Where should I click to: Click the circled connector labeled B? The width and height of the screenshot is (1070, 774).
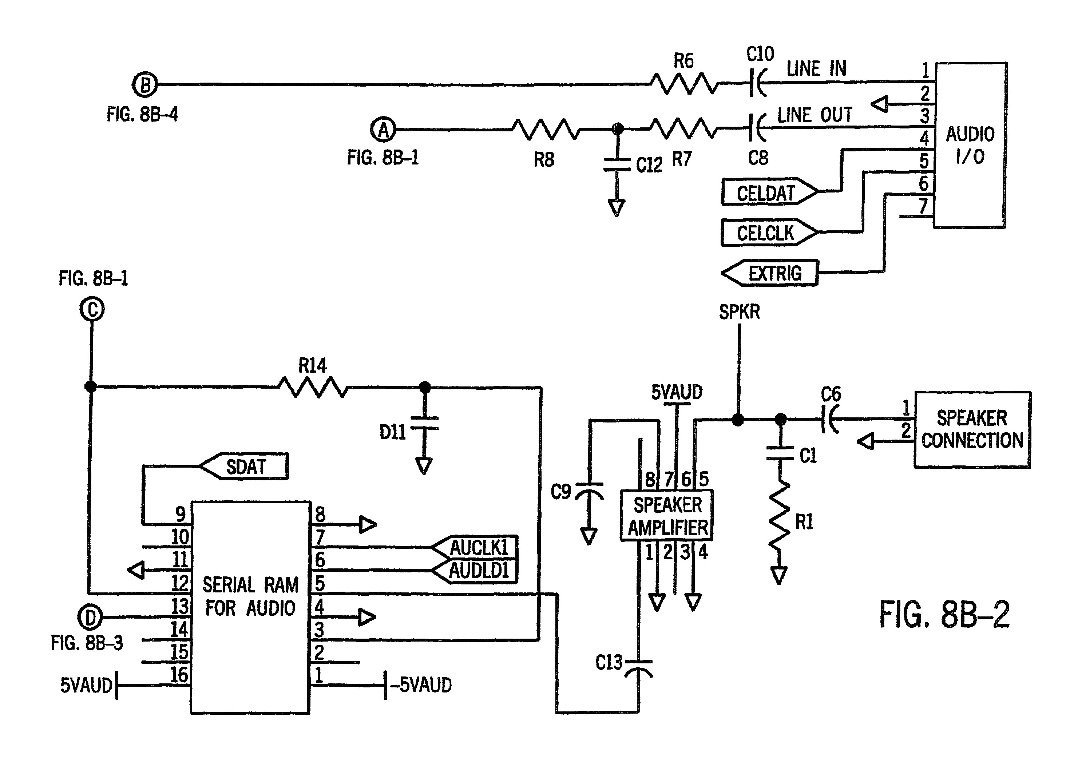pyautogui.click(x=144, y=85)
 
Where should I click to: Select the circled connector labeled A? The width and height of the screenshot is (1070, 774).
pyautogui.click(x=383, y=130)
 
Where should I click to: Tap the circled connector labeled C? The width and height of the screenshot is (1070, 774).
pyautogui.click(x=92, y=309)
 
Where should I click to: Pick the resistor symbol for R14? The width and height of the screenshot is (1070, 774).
pyautogui.click(x=313, y=387)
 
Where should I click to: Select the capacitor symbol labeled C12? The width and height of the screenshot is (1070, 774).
pyautogui.click(x=617, y=164)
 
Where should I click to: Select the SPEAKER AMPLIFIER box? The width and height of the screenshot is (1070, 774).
pyautogui.click(x=667, y=516)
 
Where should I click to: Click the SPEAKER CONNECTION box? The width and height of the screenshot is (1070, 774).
pyautogui.click(x=972, y=429)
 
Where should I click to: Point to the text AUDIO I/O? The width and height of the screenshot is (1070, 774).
pyautogui.click(x=970, y=145)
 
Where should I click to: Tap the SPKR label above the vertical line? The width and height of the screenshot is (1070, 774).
pyautogui.click(x=739, y=312)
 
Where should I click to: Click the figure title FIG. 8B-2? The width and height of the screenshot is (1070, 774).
pyautogui.click(x=944, y=615)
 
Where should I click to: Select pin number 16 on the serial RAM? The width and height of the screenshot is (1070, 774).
pyautogui.click(x=179, y=675)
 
